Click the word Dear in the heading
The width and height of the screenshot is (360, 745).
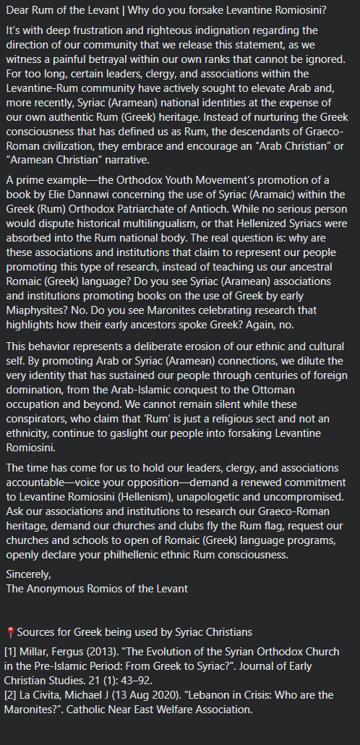[x=19, y=10]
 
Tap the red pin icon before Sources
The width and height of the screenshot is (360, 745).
[x=10, y=633]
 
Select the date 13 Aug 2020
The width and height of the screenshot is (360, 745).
[x=156, y=694]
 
